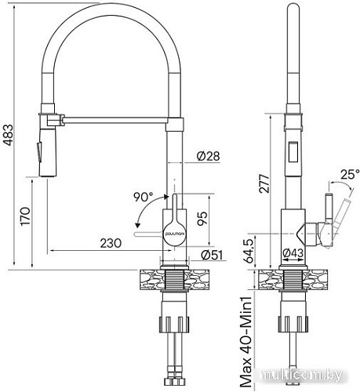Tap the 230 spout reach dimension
(x=110, y=244)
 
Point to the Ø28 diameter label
(x=206, y=156)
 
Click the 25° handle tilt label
(x=347, y=174)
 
